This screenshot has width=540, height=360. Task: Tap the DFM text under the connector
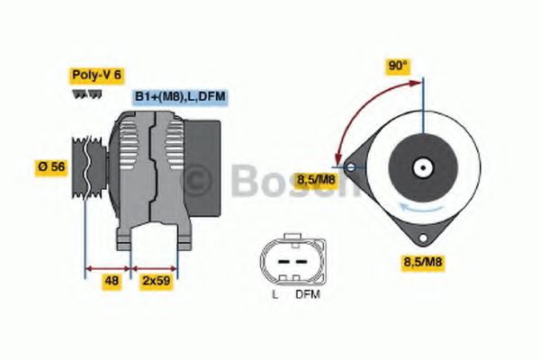[x=307, y=294]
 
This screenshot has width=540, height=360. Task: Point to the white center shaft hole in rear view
[x=422, y=167]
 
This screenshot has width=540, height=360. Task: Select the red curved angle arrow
[x=360, y=108]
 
